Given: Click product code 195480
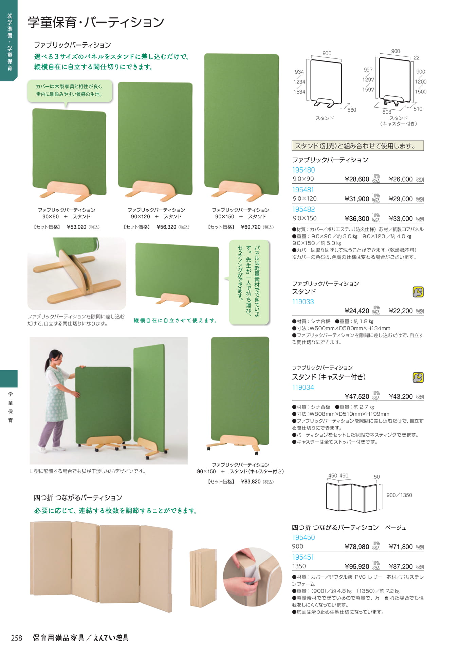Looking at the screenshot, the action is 303,170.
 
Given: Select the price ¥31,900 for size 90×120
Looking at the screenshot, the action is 357,199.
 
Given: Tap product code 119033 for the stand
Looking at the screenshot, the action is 303,302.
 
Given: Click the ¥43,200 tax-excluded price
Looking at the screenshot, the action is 401,397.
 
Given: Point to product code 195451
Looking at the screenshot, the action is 303,557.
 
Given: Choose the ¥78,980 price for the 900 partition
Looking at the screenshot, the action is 357,547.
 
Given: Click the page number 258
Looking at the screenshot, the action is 17,638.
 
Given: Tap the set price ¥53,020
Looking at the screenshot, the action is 77,227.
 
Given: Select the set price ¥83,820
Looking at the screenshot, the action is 251,482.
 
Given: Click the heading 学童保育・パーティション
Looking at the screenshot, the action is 96,22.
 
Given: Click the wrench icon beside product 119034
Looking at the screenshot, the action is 418,377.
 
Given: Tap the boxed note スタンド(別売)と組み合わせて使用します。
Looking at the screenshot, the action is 358,146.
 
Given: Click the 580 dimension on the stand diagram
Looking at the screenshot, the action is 352,110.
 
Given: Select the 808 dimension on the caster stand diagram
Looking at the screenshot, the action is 387,112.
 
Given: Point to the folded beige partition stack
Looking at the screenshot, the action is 203,577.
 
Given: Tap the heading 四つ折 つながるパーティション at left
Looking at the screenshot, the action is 78,498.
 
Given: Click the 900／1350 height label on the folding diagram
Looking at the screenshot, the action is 399,495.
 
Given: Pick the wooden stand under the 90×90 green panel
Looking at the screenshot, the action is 69,191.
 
